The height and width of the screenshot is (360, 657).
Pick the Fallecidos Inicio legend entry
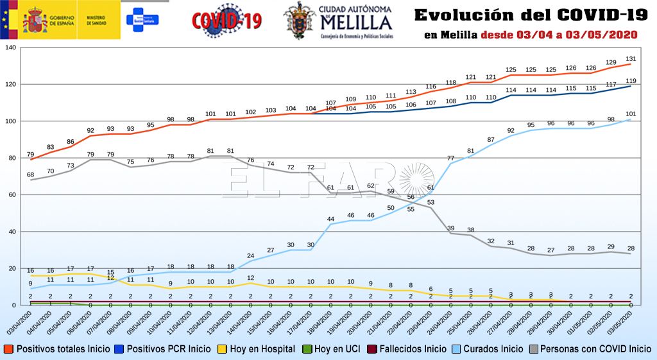pos(409,349)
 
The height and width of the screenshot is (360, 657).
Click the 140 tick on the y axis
pos(10,47)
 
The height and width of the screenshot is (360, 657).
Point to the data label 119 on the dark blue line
pos(631,80)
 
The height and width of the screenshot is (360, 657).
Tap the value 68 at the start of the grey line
pos(30,175)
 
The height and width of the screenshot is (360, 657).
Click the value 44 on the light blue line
pos(330,219)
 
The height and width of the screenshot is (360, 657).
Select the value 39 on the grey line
pos(450,228)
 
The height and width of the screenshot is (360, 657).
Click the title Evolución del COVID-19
pos(529,14)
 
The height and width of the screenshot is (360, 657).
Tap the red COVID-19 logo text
pos(227,21)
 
